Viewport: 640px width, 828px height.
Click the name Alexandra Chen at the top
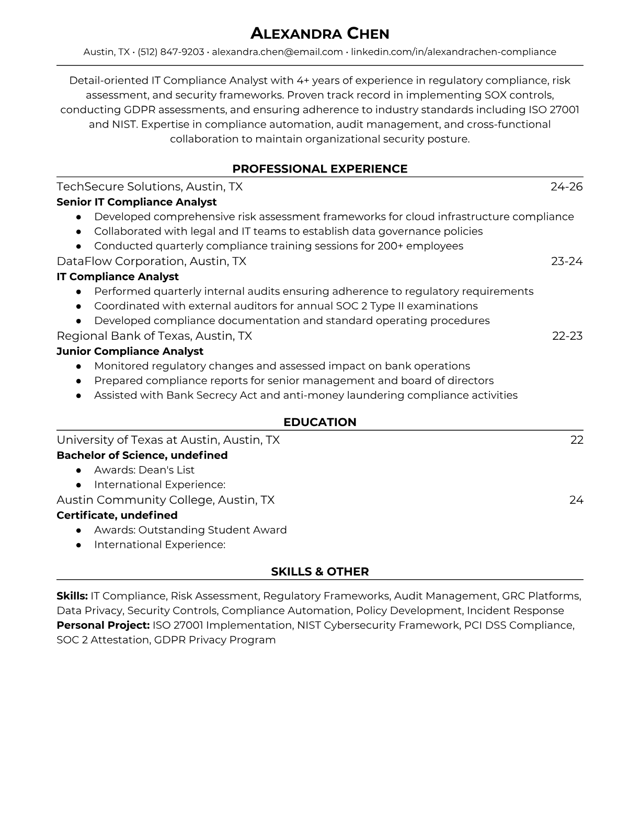pyautogui.click(x=319, y=34)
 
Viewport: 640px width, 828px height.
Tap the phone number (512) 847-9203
pyautogui.click(x=171, y=52)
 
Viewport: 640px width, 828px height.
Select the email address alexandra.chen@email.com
pyautogui.click(x=277, y=52)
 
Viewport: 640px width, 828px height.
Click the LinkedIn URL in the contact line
pyautogui.click(x=453, y=52)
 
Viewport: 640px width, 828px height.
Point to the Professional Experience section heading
pyautogui.click(x=319, y=169)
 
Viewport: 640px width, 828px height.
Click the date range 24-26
pyautogui.click(x=566, y=187)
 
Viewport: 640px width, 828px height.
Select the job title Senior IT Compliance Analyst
pyautogui.click(x=136, y=202)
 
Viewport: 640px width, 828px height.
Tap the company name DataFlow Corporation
pyautogui.click(x=121, y=261)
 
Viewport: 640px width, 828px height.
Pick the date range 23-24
pyautogui.click(x=566, y=261)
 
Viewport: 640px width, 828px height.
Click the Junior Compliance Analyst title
pyautogui.click(x=130, y=351)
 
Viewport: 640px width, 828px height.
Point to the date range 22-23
pyautogui.click(x=567, y=336)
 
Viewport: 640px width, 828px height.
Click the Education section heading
pyautogui.click(x=319, y=422)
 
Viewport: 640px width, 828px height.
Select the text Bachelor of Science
pyautogui.click(x=111, y=455)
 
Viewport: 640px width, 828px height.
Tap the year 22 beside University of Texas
pyautogui.click(x=576, y=440)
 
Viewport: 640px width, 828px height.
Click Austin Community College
pyautogui.click(x=135, y=500)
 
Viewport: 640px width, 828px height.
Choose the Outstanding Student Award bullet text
pyautogui.click(x=212, y=530)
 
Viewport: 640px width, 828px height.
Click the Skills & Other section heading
pyautogui.click(x=319, y=572)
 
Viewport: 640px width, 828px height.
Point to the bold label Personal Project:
pyautogui.click(x=103, y=625)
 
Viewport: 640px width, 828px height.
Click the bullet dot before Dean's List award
pyautogui.click(x=78, y=470)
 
